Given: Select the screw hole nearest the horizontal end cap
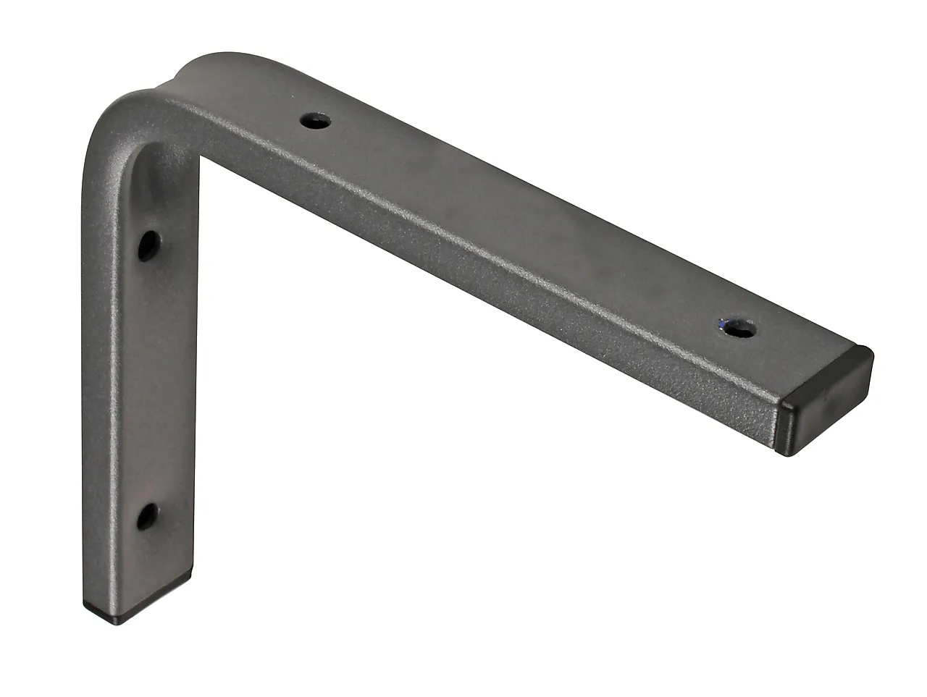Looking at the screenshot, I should pos(737,329).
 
